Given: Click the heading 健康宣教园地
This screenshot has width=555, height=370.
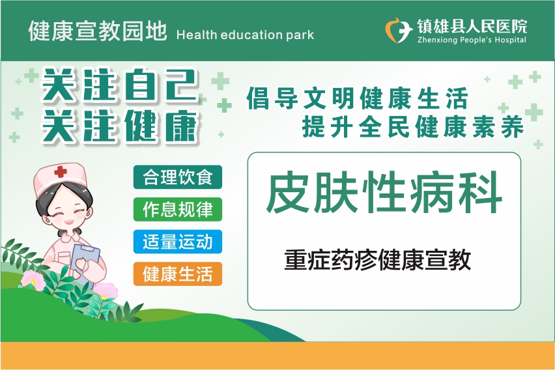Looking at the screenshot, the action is click(97, 31).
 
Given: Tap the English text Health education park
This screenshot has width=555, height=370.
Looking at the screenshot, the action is click(245, 35).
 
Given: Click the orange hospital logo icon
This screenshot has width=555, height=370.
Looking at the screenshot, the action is click(398, 31).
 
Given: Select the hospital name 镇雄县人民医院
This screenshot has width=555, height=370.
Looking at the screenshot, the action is click(472, 26).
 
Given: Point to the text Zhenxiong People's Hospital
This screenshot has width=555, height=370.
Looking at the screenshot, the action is click(472, 40).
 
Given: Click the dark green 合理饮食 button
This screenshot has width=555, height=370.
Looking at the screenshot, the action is click(178, 177).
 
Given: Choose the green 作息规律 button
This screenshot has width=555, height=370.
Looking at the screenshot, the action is click(178, 209).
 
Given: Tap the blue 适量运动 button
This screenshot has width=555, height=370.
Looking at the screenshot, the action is click(178, 242).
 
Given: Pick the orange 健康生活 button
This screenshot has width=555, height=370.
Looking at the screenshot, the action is click(178, 274).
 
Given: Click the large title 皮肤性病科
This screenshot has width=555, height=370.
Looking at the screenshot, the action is click(384, 192).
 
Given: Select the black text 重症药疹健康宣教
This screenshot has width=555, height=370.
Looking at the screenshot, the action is click(377, 260).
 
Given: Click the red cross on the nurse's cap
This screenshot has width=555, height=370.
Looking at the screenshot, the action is click(61, 172).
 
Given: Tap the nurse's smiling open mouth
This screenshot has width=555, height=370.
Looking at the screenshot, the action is click(68, 222).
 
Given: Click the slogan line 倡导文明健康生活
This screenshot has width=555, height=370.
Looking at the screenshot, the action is click(358, 98).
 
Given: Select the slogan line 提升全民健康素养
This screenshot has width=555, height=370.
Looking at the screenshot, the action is click(413, 126).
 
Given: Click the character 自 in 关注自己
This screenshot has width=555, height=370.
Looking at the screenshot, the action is click(140, 85).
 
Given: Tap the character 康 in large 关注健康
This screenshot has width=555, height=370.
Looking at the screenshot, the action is click(180, 126).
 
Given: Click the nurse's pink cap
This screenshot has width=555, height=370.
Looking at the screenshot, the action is click(59, 178).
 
